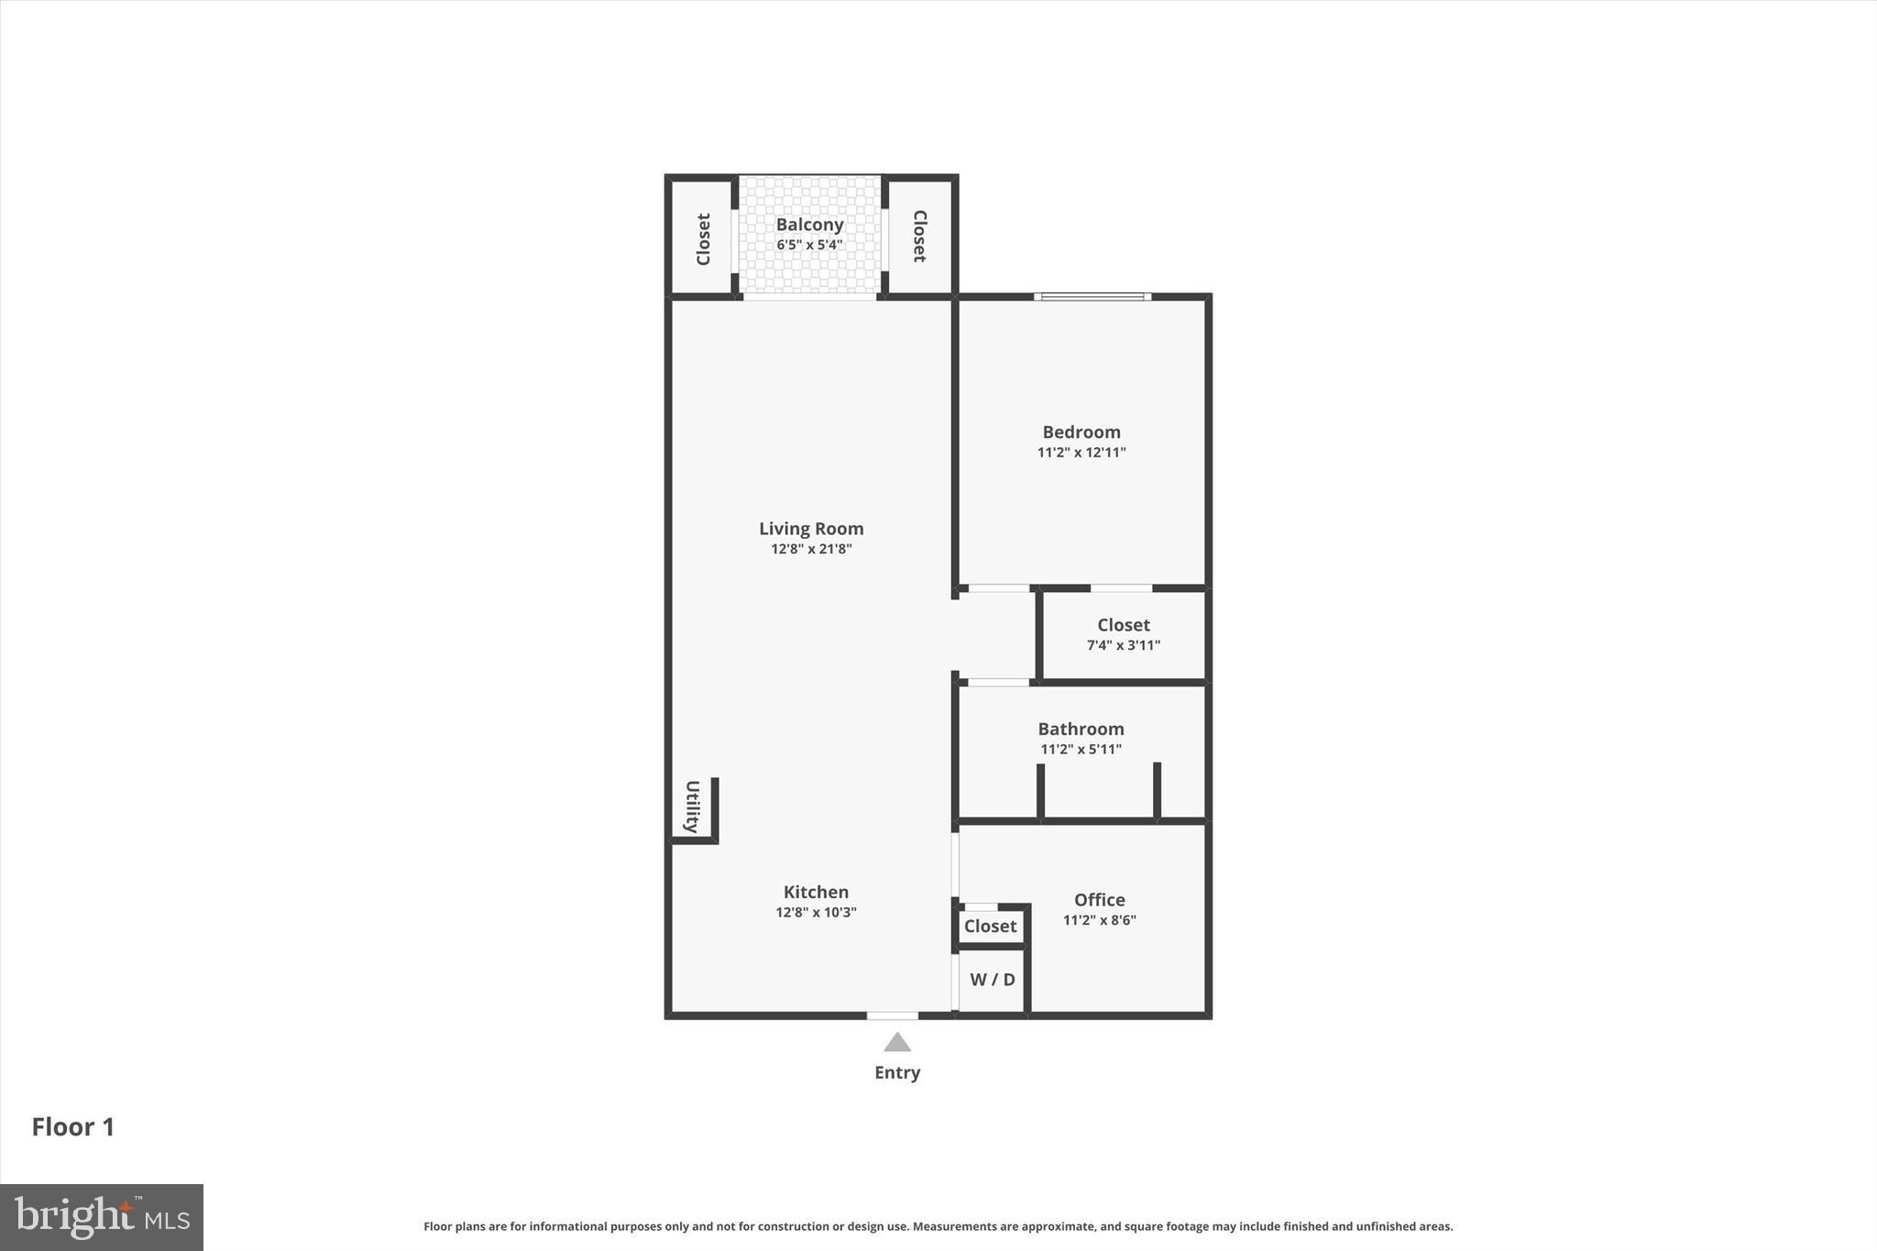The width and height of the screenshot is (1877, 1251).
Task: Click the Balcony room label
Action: (x=809, y=225)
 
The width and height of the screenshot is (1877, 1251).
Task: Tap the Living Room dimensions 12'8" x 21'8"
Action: (x=811, y=549)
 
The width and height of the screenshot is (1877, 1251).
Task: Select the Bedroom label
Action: (x=1081, y=432)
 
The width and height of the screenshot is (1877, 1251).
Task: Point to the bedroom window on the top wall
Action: (x=1092, y=296)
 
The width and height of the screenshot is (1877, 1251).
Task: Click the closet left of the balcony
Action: (x=703, y=238)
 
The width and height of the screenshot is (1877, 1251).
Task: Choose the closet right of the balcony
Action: (x=919, y=236)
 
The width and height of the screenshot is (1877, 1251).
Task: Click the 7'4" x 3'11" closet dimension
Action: (x=1123, y=645)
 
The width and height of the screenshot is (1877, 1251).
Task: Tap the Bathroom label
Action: (x=1081, y=729)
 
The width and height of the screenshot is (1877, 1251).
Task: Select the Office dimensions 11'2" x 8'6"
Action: (x=1099, y=920)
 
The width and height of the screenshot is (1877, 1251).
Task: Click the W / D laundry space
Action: (x=992, y=980)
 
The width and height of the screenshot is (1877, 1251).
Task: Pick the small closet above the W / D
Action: (x=990, y=927)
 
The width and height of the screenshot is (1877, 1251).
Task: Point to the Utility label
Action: (x=693, y=807)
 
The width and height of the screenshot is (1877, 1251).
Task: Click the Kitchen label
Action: (x=816, y=892)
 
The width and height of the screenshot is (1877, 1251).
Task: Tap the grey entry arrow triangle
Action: (x=896, y=1043)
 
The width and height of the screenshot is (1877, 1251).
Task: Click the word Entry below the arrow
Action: (x=896, y=1072)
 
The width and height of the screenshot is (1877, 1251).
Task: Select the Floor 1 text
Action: (x=73, y=1127)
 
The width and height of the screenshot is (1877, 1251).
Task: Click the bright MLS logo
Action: (x=102, y=1217)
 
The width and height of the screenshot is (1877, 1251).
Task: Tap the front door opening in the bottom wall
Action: (x=892, y=1015)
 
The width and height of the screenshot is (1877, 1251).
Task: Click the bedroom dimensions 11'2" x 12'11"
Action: (x=1081, y=452)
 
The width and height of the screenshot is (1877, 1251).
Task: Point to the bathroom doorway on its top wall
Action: (x=998, y=682)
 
